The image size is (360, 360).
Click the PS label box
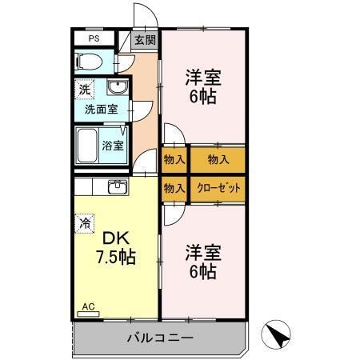tap(94, 38)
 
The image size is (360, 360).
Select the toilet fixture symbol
tap(90, 61)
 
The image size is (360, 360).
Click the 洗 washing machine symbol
tap(84, 89)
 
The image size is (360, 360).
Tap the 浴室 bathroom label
tap(113, 146)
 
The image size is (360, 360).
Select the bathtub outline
tap(89, 146)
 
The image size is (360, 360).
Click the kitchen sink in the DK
tap(117, 186)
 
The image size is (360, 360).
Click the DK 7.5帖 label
tap(117, 247)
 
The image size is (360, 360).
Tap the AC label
tap(88, 306)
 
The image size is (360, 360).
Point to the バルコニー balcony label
tap(160, 338)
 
